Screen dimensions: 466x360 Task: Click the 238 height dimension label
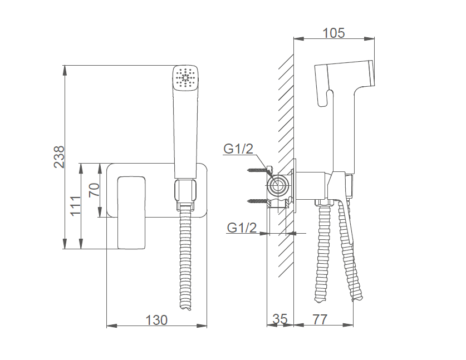(x=59, y=157)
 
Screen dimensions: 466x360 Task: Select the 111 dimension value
(x=75, y=205)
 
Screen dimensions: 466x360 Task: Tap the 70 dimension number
(x=94, y=190)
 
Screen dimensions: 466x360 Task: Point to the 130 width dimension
(x=156, y=320)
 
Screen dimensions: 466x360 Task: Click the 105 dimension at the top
(x=333, y=33)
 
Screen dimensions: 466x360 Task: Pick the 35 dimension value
(x=280, y=319)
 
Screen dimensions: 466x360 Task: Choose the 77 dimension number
(x=320, y=319)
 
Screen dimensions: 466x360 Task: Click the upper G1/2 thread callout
(x=238, y=149)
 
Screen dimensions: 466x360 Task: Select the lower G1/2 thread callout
(x=242, y=228)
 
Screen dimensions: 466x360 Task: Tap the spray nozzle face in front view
(x=186, y=78)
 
